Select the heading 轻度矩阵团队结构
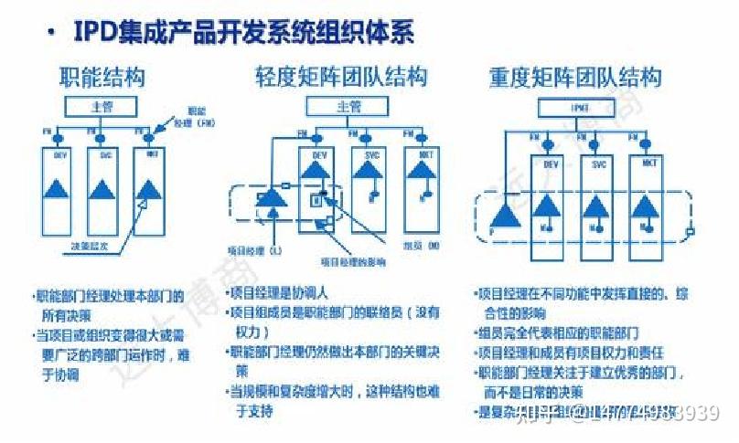point(341,78)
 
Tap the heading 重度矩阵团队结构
point(575,78)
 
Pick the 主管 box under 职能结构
point(102,107)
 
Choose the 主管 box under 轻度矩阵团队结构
point(348,107)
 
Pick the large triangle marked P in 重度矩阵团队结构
point(506,216)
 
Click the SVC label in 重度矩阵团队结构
point(599,164)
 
